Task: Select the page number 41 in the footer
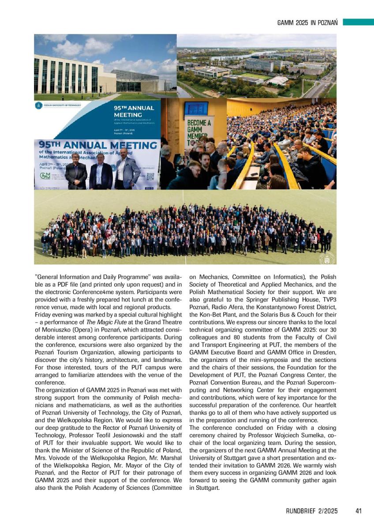pyautogui.click(x=358, y=511)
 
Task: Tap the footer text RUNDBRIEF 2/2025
pyautogui.click(x=312, y=511)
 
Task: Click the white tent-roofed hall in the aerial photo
pyautogui.click(x=277, y=81)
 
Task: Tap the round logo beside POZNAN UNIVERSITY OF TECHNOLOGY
pyautogui.click(x=39, y=106)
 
